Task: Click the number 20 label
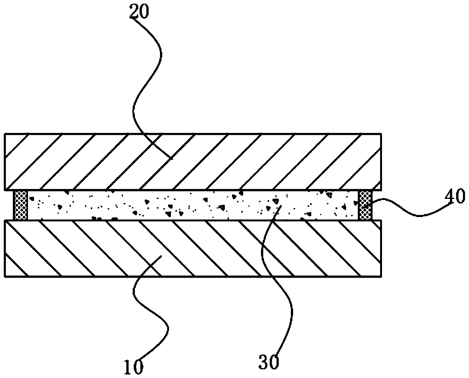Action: click(x=139, y=12)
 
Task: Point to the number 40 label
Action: click(x=455, y=198)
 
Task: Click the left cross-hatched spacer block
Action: click(x=20, y=205)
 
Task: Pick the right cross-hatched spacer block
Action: click(x=365, y=205)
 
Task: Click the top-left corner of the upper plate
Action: click(x=5, y=133)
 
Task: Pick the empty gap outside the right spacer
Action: click(x=377, y=205)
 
